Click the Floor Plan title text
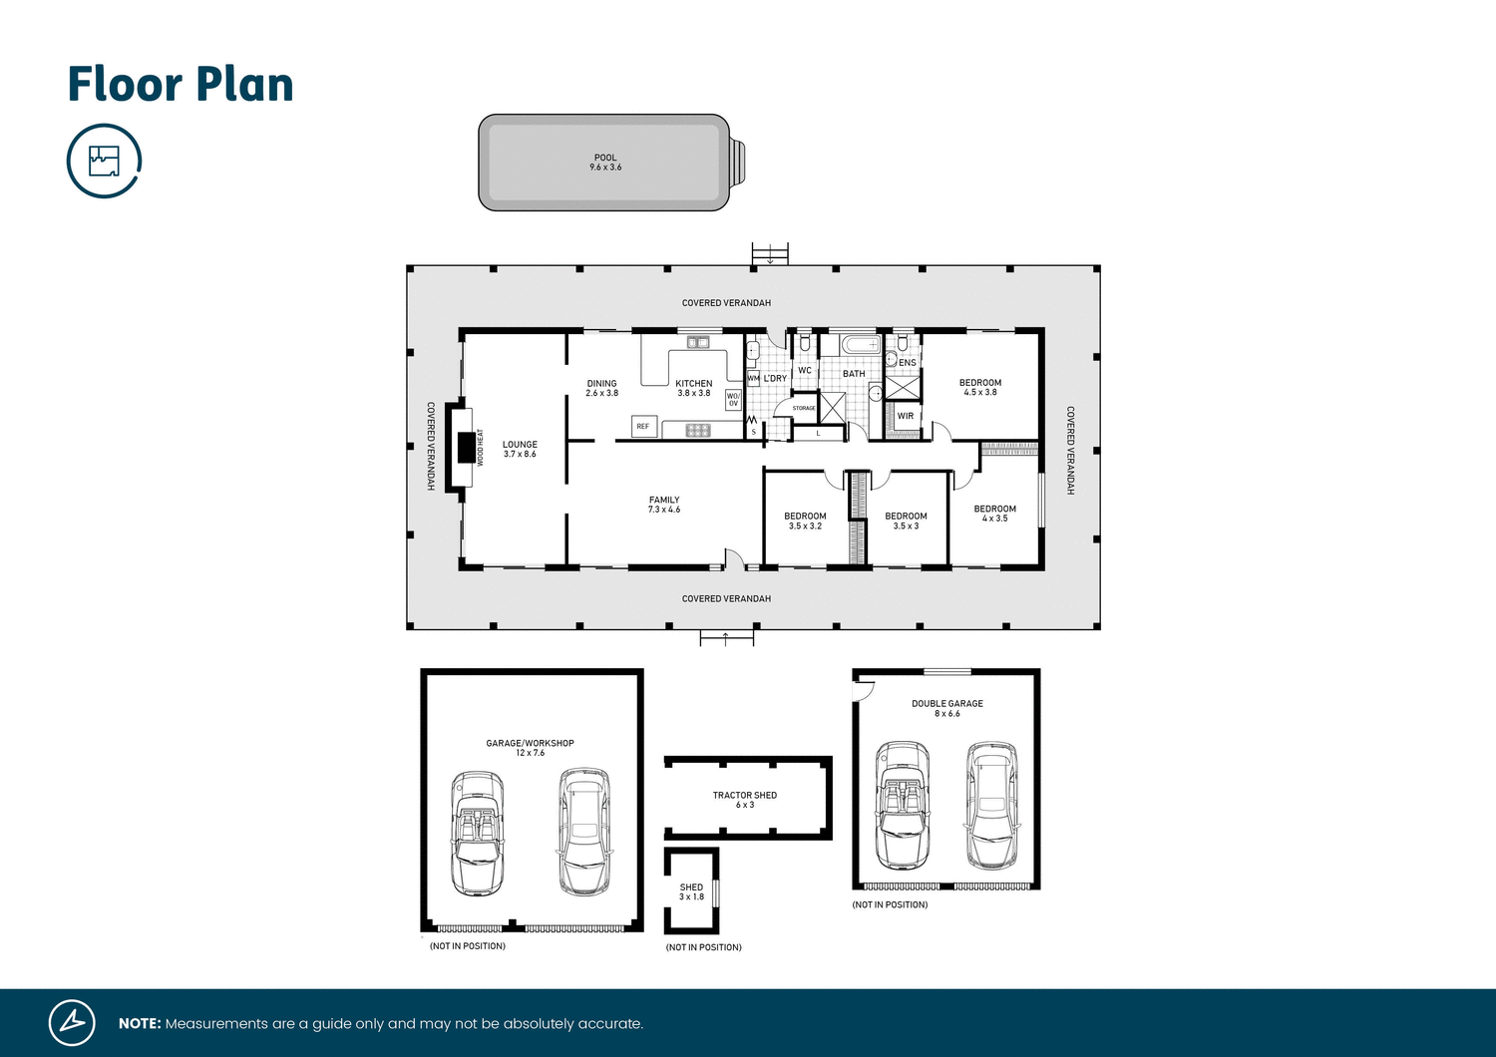coord(181,85)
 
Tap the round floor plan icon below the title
coord(104,161)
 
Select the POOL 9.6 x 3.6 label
coord(605,163)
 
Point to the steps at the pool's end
coord(737,163)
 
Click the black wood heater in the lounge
coord(466,448)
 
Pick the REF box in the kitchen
coord(643,426)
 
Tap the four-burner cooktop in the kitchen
coord(698,430)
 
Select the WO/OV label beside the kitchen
coord(733,400)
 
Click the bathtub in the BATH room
coord(861,345)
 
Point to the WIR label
coord(906,416)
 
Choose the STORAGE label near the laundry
coord(804,408)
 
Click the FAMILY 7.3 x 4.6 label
coord(664,505)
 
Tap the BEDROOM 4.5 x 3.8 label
coord(980,387)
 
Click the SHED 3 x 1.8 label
coord(691,891)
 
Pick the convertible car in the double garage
coord(903,805)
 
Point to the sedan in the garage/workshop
coord(584,831)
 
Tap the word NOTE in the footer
coord(140,1024)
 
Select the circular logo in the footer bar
coord(72,1022)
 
